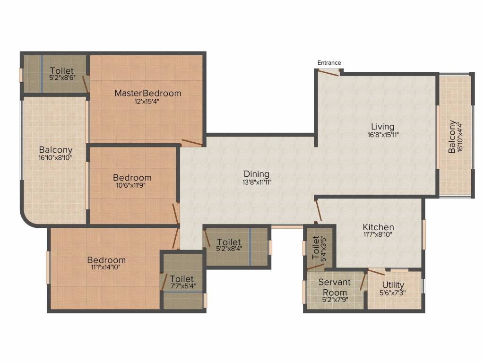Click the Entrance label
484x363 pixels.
point(329,63)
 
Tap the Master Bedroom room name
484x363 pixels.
point(147,93)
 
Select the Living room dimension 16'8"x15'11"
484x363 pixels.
point(382,135)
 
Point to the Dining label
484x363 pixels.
point(256,174)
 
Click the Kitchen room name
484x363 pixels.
point(378,227)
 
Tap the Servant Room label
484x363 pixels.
point(334,287)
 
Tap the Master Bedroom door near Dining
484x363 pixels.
point(193,143)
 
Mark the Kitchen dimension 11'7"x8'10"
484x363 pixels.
point(378,234)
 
